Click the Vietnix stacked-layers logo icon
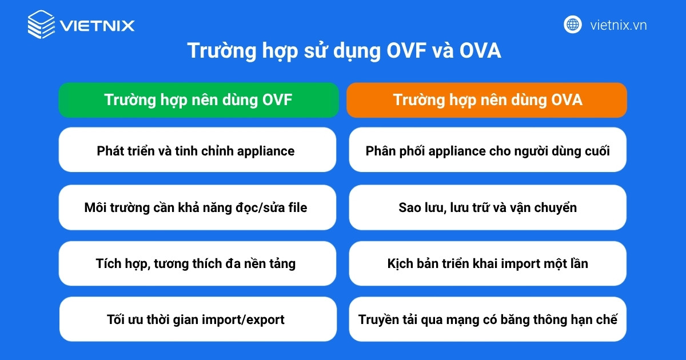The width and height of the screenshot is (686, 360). (x=41, y=25)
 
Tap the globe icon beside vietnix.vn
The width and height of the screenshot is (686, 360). (x=572, y=25)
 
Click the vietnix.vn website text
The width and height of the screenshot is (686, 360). (x=619, y=25)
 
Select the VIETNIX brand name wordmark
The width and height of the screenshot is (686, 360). (x=97, y=26)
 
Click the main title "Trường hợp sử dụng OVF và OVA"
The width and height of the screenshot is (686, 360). (x=344, y=51)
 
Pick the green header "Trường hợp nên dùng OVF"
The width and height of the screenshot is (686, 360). (x=198, y=100)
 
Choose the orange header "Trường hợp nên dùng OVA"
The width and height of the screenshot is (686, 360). (x=487, y=100)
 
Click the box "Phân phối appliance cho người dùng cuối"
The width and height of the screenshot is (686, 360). (x=487, y=151)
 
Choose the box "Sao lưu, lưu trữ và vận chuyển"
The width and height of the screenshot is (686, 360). (x=487, y=207)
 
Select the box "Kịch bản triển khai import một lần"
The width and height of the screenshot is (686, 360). (x=487, y=263)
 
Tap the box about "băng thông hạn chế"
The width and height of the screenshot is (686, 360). (x=487, y=319)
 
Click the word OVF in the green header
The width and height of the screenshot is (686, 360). (x=277, y=100)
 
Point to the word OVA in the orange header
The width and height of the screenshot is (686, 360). (x=567, y=100)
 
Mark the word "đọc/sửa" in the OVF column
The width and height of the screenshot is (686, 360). (x=268, y=207)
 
